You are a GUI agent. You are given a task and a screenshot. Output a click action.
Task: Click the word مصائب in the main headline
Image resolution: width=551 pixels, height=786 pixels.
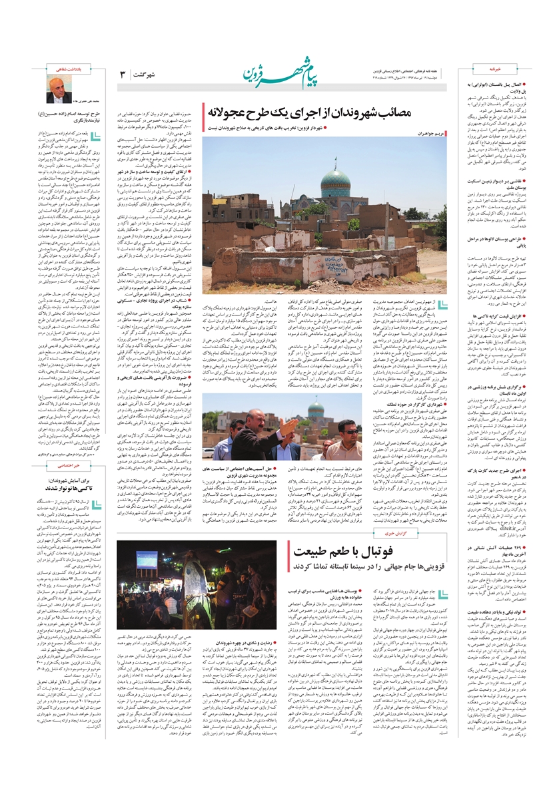pyautogui.click(x=434, y=111)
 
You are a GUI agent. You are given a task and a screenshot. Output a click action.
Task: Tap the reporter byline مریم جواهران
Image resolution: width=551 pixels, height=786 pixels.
pyautogui.click(x=446, y=134)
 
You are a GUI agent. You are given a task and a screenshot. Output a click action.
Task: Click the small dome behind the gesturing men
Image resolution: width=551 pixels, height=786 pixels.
pyautogui.click(x=316, y=407)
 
